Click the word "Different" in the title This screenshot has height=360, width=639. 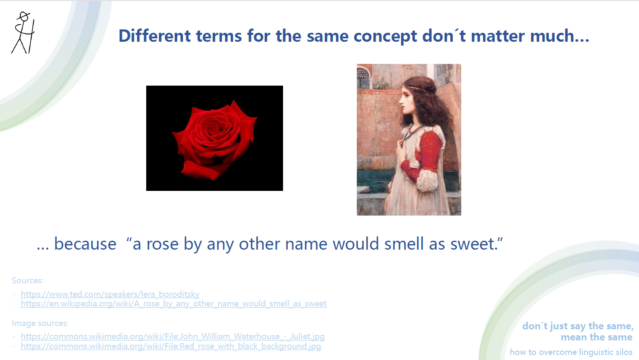(154, 36)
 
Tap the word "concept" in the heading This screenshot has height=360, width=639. (385, 37)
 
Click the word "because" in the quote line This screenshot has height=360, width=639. (85, 244)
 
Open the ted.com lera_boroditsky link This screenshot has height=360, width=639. (110, 294)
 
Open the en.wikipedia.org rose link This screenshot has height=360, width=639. (173, 303)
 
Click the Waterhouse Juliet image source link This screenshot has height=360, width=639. (173, 336)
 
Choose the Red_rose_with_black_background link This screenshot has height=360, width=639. (171, 346)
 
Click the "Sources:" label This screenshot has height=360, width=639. (28, 280)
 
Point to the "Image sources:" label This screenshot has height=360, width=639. (40, 323)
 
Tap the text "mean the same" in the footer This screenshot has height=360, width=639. (596, 337)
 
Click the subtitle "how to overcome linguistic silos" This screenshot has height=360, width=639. (571, 352)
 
